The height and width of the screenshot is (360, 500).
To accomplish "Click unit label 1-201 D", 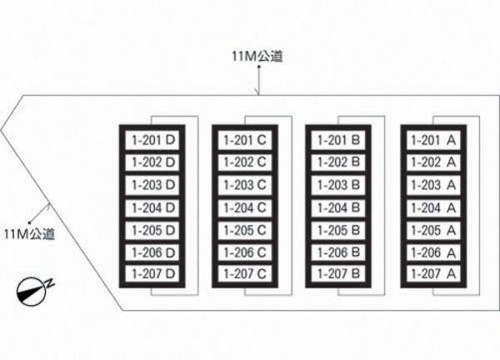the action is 152,140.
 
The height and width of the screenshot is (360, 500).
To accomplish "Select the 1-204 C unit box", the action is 245,207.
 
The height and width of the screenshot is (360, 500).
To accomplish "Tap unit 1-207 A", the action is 433,273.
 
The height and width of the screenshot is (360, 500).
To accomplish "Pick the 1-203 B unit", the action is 338,185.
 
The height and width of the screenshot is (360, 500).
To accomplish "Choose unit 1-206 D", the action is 152,252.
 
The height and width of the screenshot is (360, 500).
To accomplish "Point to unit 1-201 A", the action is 433,140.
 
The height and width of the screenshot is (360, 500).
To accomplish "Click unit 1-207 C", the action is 245,273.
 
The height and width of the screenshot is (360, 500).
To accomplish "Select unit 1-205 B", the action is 338,230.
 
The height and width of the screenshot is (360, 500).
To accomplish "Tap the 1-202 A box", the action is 433,162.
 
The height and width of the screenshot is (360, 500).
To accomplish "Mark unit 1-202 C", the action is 245,162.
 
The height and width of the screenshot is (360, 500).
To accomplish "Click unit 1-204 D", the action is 152,207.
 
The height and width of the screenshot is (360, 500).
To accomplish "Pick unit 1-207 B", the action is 338,273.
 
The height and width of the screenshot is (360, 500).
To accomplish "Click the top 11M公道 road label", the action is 257,57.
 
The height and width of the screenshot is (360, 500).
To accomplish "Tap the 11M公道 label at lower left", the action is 29,234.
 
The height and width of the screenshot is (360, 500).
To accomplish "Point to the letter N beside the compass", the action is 50,283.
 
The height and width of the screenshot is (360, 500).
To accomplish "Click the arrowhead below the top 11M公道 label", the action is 258,92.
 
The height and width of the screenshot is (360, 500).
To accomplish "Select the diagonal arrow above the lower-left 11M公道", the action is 39,212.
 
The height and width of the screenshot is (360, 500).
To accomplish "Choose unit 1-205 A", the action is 433,230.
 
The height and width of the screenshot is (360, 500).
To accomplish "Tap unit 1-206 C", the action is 245,252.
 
